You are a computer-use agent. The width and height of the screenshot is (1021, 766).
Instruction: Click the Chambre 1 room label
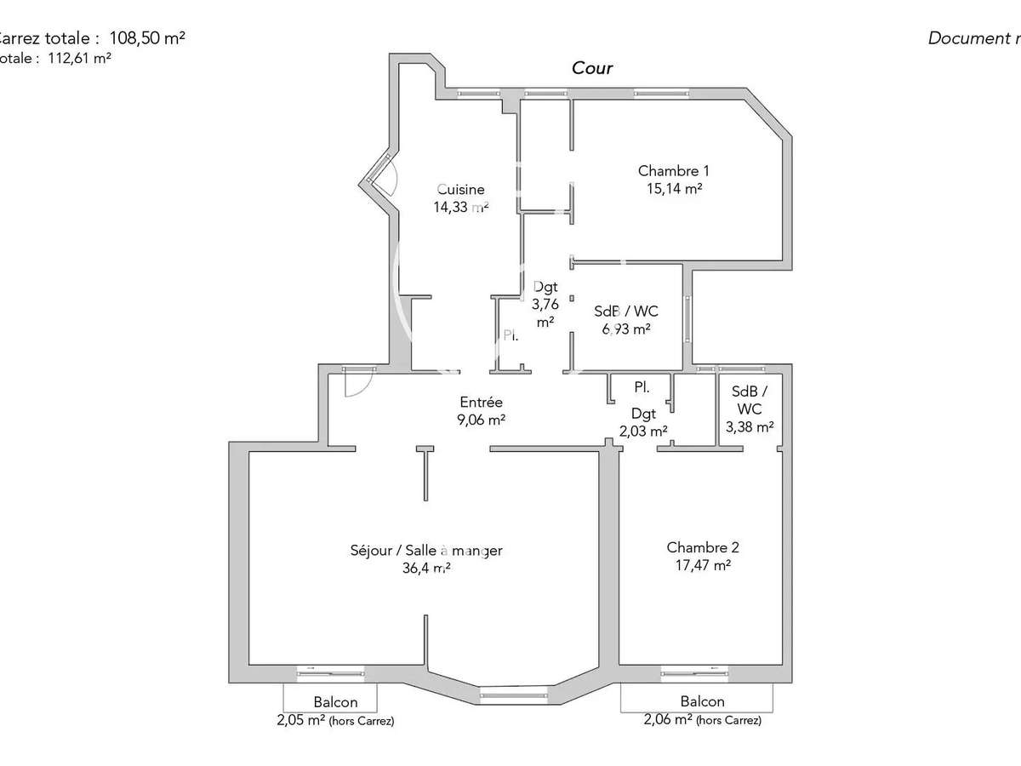[x=674, y=171]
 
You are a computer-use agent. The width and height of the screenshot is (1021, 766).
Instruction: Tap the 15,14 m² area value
[x=674, y=189]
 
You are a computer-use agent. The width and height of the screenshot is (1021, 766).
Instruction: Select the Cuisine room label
[x=461, y=189]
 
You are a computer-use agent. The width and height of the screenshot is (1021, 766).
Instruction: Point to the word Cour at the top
[x=592, y=68]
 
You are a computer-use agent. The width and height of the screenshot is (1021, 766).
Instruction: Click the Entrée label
[x=482, y=402]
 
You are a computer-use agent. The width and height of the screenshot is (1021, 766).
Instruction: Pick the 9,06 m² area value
[x=482, y=419]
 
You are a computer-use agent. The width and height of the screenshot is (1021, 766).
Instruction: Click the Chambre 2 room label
[x=697, y=547]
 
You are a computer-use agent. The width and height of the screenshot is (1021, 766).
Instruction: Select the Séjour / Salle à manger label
[x=426, y=551]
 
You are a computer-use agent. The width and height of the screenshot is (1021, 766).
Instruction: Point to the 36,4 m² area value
[x=426, y=569]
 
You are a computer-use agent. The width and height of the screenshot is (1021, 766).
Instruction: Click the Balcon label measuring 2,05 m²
[x=335, y=702]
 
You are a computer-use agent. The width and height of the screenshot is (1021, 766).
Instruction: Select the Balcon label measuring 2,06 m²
[x=702, y=701]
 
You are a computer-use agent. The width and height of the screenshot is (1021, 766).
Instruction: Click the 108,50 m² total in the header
[x=147, y=37]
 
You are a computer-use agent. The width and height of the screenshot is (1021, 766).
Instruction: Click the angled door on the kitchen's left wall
[x=381, y=180]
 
